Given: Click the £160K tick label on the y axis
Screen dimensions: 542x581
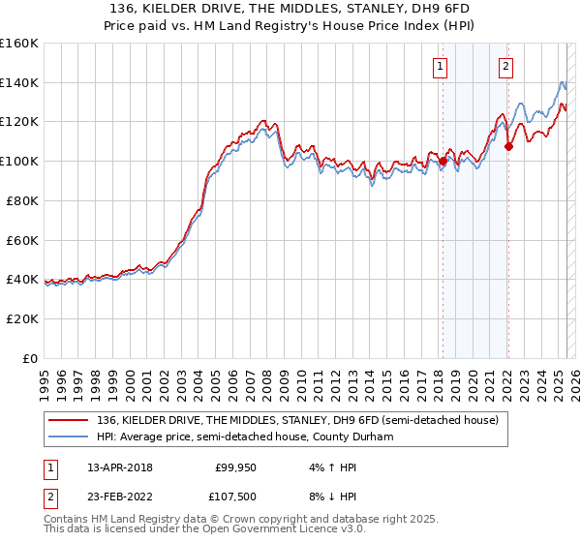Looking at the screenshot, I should pos(19,44).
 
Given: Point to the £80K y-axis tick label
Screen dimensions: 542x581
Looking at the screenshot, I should pos(22,200).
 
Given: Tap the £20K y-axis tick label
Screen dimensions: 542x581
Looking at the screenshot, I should pos(22,318).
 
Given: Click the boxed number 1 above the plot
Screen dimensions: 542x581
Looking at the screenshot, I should pos(441,67).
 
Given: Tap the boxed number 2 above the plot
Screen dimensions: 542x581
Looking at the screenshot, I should pos(506,67).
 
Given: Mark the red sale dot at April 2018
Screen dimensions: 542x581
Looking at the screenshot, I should pos(443,162).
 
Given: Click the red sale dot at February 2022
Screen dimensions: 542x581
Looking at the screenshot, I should pos(508,147).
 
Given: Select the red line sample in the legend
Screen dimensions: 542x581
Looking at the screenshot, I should pos(68,420).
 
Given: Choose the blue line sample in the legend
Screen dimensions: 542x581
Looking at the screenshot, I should pos(68,437).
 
